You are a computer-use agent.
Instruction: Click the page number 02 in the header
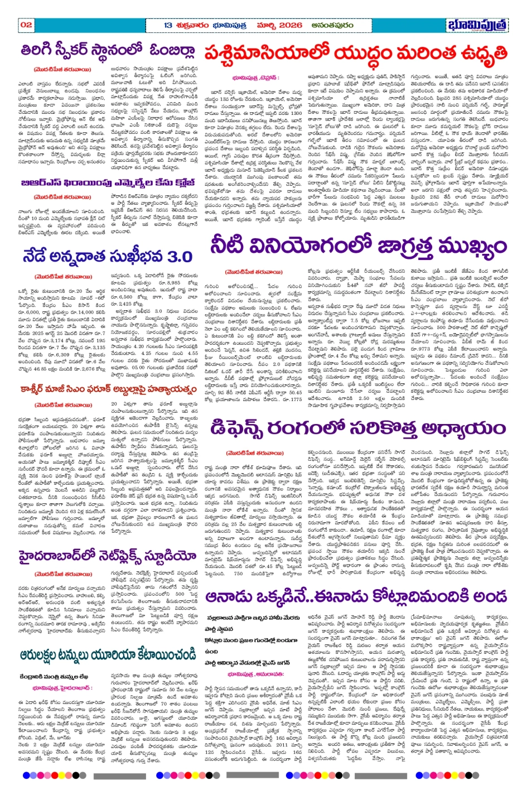26,25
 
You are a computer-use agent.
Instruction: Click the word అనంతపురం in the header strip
333,25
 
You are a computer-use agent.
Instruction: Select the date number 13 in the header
168,25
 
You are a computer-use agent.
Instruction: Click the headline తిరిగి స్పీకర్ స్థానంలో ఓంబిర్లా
108,51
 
